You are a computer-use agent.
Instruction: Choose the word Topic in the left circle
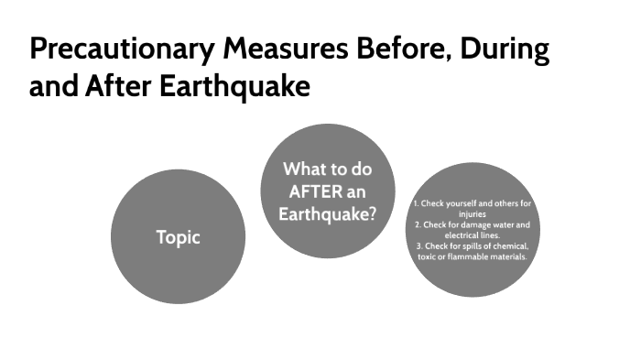pyautogui.click(x=178, y=237)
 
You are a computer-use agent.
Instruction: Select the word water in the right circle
pyautogui.click(x=505, y=224)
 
